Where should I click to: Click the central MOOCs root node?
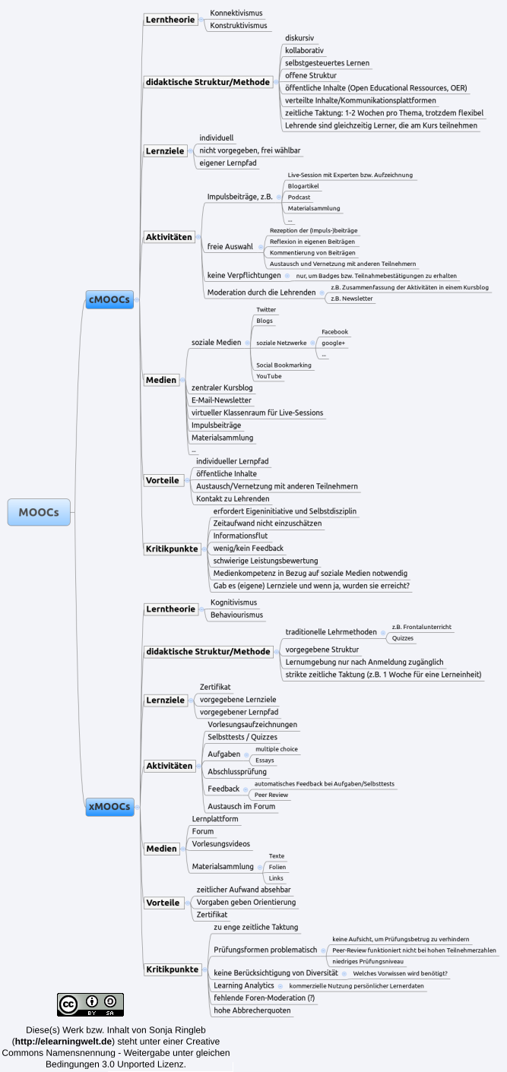tap(39, 512)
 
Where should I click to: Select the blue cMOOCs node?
tap(109, 300)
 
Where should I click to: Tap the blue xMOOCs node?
tap(109, 806)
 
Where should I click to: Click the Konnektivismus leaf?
tap(236, 13)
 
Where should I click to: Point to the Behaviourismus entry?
tap(236, 614)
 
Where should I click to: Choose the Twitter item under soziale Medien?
tap(266, 309)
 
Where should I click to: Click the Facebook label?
tap(334, 332)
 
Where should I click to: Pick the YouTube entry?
tap(268, 376)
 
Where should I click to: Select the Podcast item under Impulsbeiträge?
tap(299, 197)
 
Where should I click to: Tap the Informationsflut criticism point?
tap(240, 536)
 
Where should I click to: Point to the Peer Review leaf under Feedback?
tap(271, 795)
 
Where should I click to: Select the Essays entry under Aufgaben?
tap(265, 760)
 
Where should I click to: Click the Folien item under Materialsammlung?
tap(277, 867)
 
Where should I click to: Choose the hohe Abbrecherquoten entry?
tap(252, 1010)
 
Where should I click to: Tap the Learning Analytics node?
tap(244, 985)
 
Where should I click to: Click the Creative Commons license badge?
tap(90, 1004)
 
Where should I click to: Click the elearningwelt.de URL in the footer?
tap(64, 1041)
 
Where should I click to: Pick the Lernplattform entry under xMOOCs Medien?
tap(215, 819)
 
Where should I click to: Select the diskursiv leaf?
tap(299, 37)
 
